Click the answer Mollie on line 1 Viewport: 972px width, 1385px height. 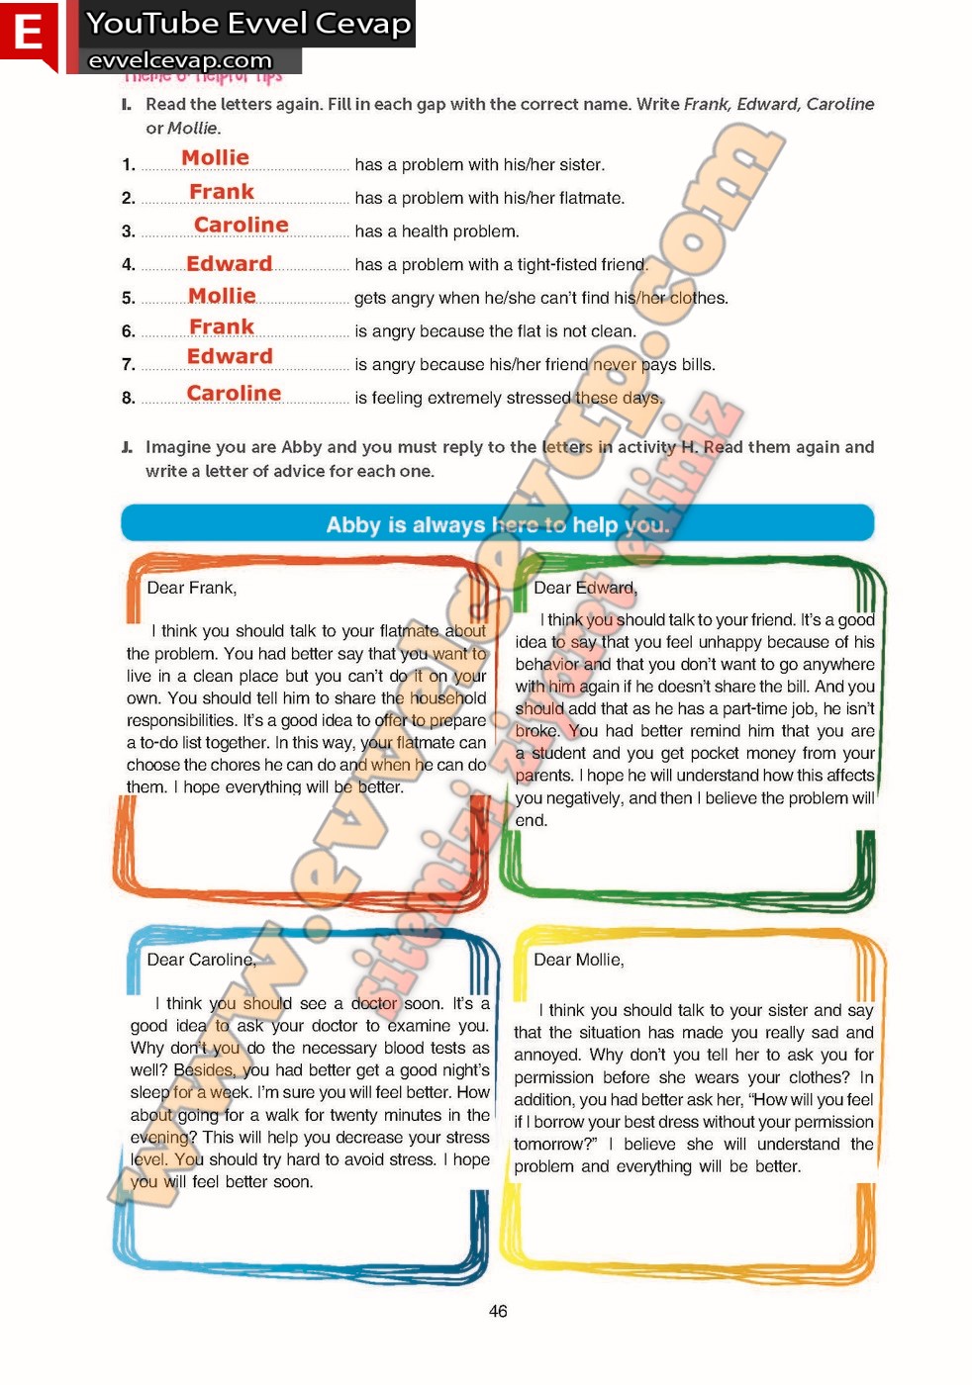[x=215, y=158]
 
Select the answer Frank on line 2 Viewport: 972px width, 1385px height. [x=222, y=192]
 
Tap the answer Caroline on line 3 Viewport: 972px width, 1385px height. [x=241, y=226]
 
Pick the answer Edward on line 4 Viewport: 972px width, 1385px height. [x=229, y=264]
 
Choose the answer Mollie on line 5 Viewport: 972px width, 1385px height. [x=222, y=297]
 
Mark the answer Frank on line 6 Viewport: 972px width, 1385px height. [x=222, y=327]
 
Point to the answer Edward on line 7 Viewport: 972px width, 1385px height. [x=230, y=357]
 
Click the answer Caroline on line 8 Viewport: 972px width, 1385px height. [x=234, y=394]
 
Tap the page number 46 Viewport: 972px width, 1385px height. [x=498, y=1311]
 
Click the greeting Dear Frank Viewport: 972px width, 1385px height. [x=192, y=588]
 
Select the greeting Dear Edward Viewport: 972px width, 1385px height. [x=585, y=588]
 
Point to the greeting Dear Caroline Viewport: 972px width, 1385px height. [x=201, y=960]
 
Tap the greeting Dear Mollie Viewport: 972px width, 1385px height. [x=579, y=960]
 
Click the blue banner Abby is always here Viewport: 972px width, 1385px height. [x=497, y=524]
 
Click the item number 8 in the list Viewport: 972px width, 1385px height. [x=128, y=398]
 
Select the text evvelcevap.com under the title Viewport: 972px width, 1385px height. [x=179, y=60]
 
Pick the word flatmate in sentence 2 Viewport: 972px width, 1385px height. [x=590, y=198]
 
